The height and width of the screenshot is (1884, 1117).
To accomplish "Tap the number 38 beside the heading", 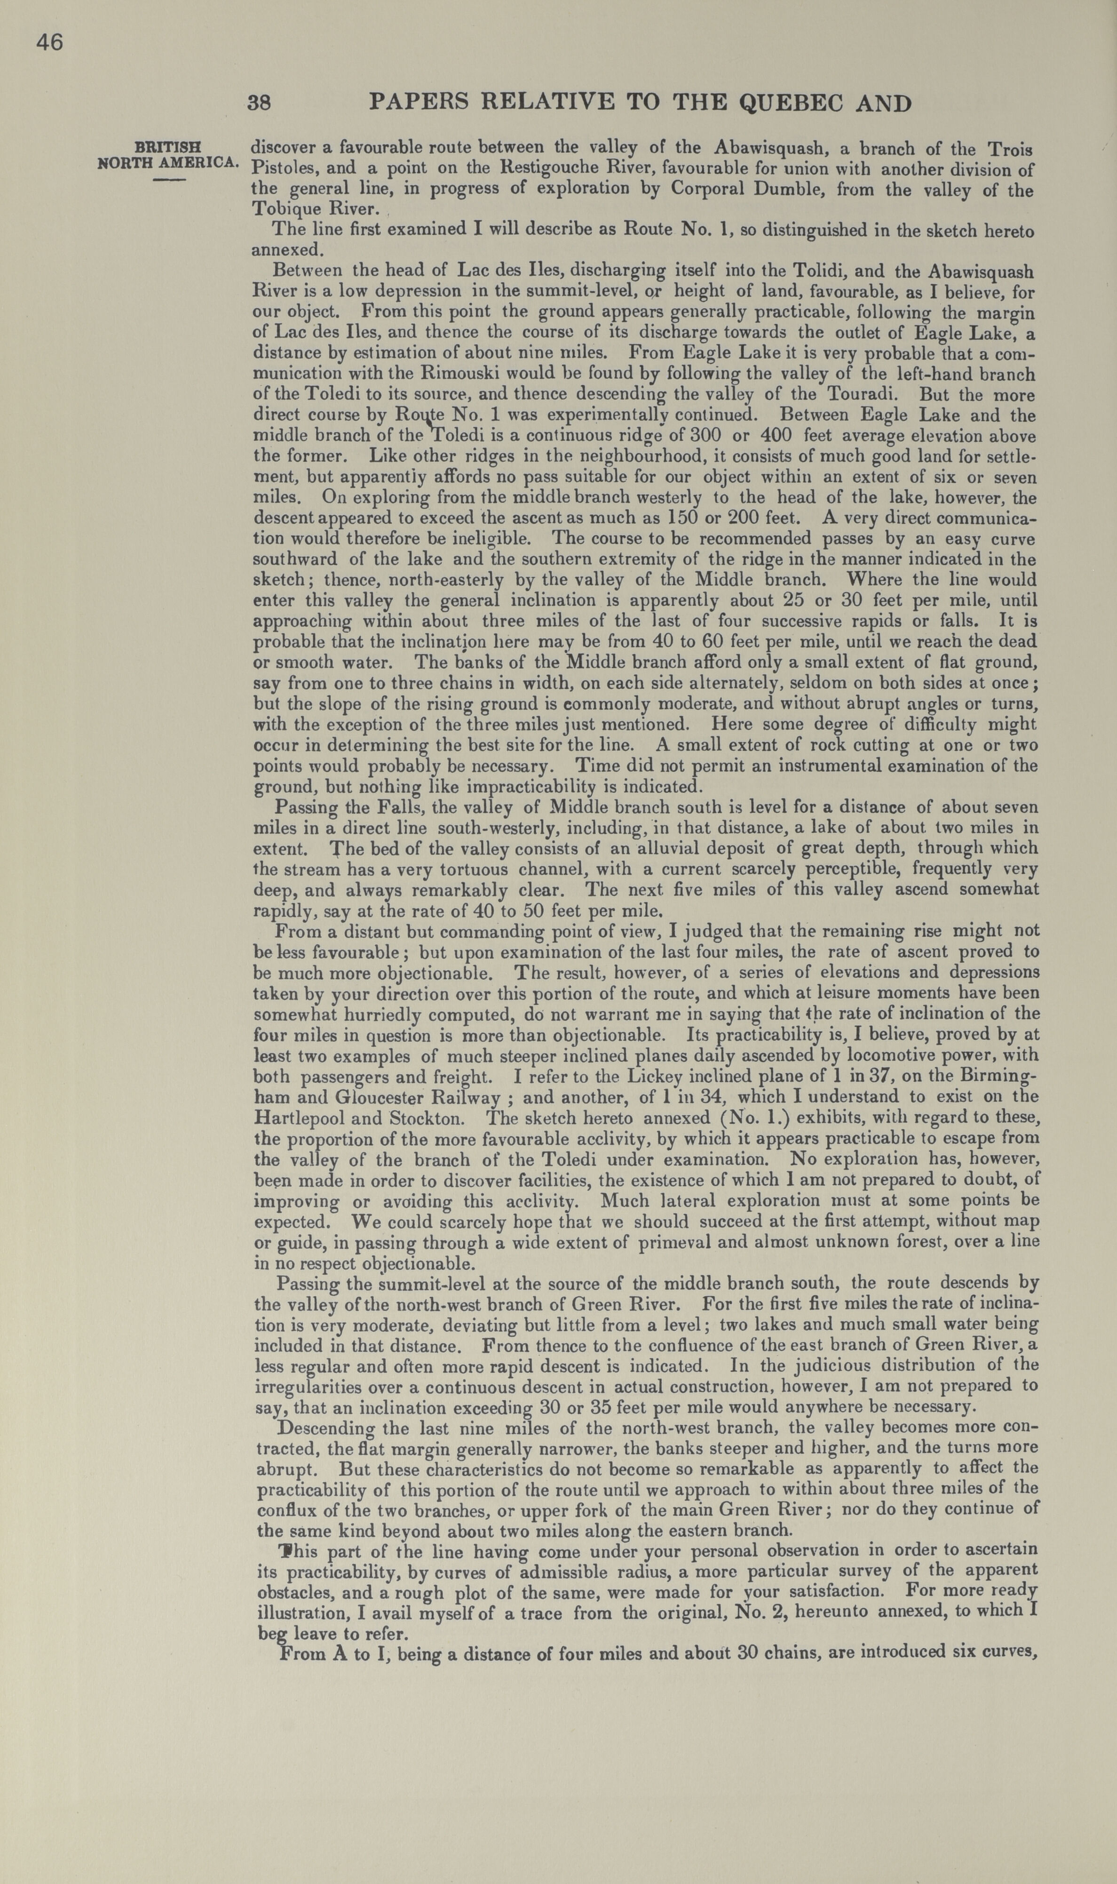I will pyautogui.click(x=259, y=103).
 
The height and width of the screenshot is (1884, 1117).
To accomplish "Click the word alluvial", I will pyautogui.click(x=670, y=848).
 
